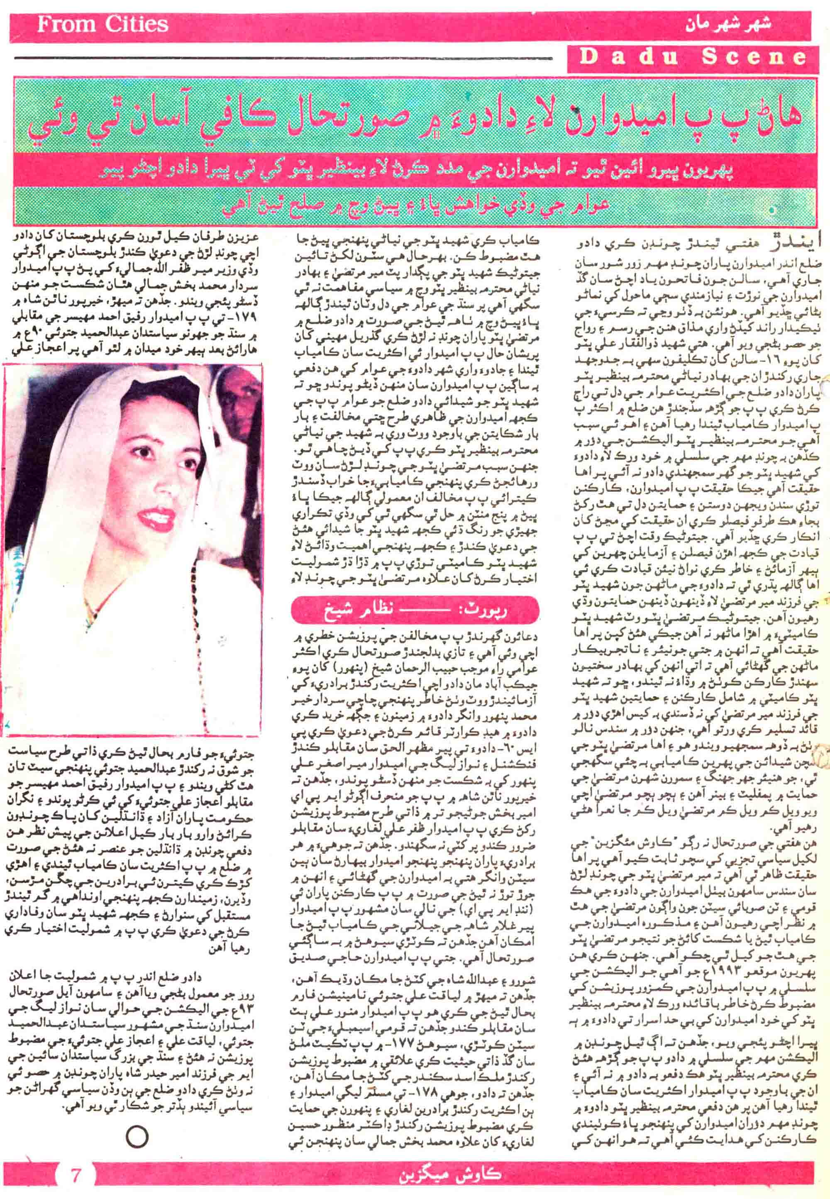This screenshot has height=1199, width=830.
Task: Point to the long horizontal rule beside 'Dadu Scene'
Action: coord(283,58)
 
